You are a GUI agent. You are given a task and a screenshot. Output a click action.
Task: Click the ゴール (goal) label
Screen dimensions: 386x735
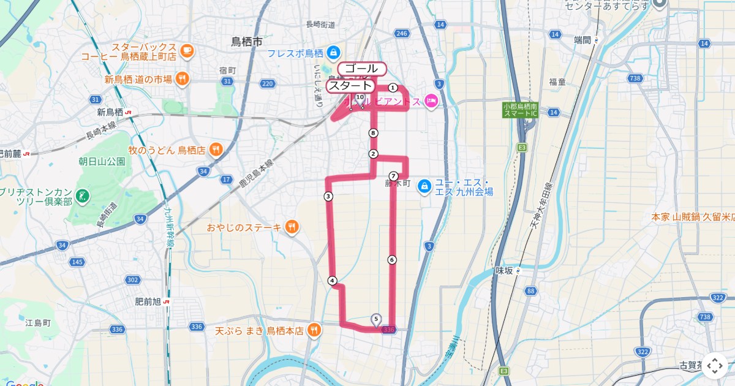point(361,69)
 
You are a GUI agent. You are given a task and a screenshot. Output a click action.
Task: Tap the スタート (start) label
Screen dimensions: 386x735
point(350,86)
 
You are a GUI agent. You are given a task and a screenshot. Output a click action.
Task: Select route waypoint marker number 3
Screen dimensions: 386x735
point(328,197)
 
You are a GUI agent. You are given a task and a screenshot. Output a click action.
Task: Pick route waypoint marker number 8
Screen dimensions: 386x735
point(373,133)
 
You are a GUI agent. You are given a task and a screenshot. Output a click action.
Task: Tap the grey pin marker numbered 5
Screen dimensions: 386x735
point(376,319)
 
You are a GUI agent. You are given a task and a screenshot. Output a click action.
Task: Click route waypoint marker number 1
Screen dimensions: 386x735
point(393,88)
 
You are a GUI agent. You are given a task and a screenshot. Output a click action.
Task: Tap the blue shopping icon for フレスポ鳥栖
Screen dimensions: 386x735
point(333,52)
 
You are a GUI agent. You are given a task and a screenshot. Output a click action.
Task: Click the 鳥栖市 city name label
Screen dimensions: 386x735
point(247,42)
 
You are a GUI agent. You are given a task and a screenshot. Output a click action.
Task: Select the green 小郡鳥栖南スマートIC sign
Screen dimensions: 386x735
point(520,110)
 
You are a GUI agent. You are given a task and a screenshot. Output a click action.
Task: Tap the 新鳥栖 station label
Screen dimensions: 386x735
point(110,112)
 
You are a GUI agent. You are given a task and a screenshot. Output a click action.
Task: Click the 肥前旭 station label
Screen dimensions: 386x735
point(148,302)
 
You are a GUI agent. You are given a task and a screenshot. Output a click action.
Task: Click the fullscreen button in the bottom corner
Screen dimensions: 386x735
point(714,366)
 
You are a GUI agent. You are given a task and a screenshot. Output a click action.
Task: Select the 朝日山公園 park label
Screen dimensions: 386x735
point(102,162)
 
